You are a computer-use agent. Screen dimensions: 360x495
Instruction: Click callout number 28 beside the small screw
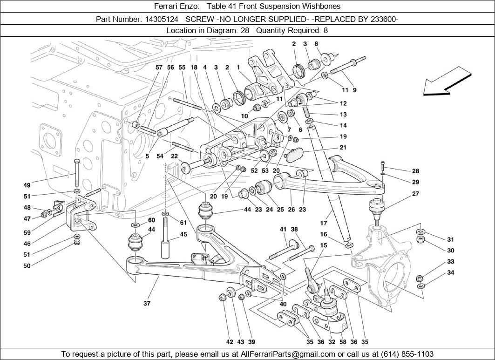pyautogui.click(x=415, y=171)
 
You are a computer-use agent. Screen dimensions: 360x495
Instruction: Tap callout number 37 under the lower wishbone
pyautogui.click(x=147, y=303)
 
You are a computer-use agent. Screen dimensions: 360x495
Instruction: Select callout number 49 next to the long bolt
pyautogui.click(x=27, y=185)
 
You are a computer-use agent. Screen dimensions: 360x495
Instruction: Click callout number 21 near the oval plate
pyautogui.click(x=343, y=148)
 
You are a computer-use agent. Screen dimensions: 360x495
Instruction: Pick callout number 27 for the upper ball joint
pyautogui.click(x=415, y=194)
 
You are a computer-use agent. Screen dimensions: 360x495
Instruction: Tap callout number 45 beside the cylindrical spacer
pyautogui.click(x=183, y=234)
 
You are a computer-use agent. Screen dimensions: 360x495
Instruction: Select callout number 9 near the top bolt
pyautogui.click(x=354, y=90)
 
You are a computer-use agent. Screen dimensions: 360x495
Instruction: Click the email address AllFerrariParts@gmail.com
pyautogui.click(x=287, y=354)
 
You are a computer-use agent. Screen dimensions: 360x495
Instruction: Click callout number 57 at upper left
pyautogui.click(x=159, y=68)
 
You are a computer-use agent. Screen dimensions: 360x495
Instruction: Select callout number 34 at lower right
pyautogui.click(x=450, y=272)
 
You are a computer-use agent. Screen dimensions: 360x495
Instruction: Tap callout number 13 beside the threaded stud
pyautogui.click(x=343, y=115)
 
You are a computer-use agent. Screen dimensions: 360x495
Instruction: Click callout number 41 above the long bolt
pyautogui.click(x=283, y=229)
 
